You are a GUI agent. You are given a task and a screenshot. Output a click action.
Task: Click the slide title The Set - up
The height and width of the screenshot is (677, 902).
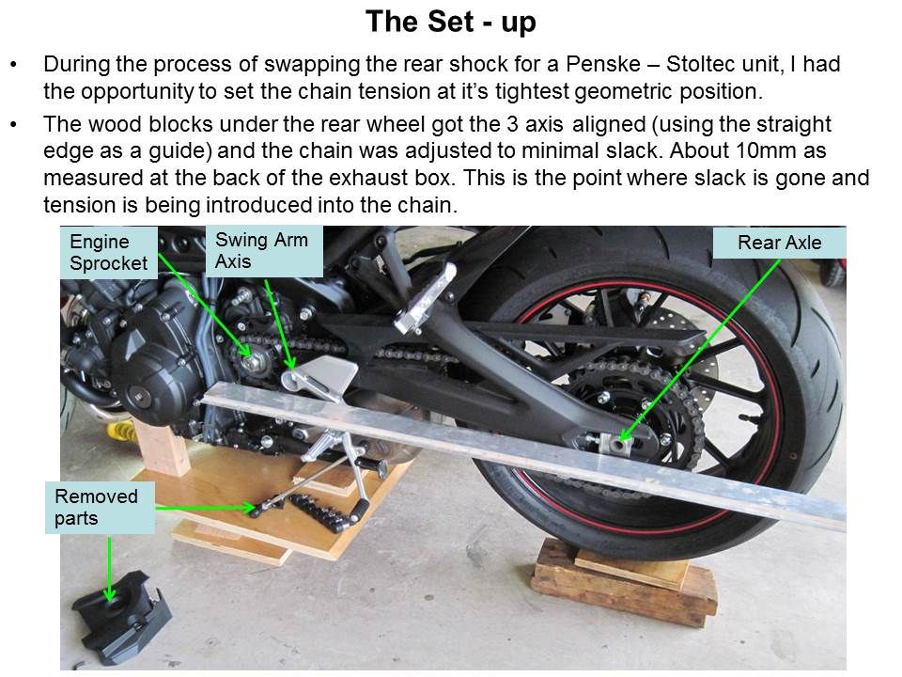tap(450, 22)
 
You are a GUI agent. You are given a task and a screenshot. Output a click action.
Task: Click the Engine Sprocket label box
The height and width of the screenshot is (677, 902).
tap(108, 253)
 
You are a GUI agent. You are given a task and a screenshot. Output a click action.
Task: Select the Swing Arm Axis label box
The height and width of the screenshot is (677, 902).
tap(263, 251)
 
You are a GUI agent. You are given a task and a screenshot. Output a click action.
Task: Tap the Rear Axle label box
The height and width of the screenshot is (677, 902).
tap(779, 244)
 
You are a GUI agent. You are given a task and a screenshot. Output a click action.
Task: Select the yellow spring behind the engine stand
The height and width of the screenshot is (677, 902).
tap(120, 432)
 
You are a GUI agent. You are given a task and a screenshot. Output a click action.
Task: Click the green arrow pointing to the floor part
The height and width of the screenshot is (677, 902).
tap(111, 569)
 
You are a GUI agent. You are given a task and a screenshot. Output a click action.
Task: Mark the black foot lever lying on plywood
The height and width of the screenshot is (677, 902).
tap(324, 508)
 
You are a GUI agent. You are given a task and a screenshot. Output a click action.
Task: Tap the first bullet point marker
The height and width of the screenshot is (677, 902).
tap(13, 67)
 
